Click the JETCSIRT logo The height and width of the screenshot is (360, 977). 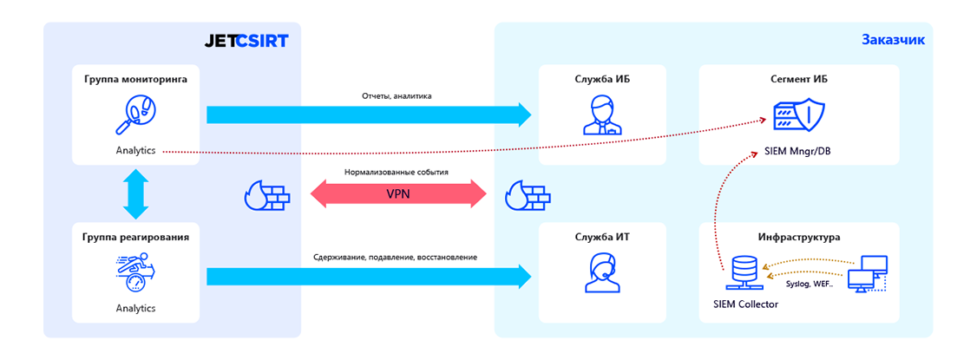point(246,40)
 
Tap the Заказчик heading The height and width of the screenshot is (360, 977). point(893,39)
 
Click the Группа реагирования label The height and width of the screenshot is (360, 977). point(135,236)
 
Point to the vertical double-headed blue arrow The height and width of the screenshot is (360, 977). point(135,193)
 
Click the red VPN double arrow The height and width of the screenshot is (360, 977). point(398,194)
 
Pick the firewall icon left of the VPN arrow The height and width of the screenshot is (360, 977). point(266,195)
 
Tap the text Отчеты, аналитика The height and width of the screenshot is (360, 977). point(396,95)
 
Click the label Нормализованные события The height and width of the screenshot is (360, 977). point(396,173)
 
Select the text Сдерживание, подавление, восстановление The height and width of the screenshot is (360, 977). point(396,257)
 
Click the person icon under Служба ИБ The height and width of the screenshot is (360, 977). point(602,115)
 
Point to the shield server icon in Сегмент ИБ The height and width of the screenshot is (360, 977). point(798,115)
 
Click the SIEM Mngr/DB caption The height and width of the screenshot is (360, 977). point(798,152)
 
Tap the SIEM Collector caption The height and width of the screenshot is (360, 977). point(745,304)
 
